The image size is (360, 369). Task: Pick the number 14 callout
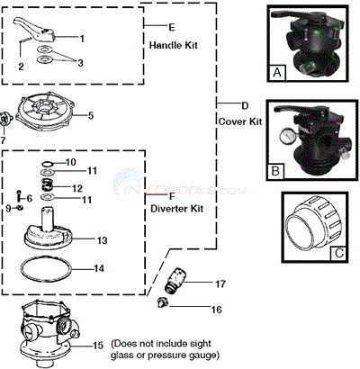pos(99,268)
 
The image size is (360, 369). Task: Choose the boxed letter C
pos(338,254)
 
